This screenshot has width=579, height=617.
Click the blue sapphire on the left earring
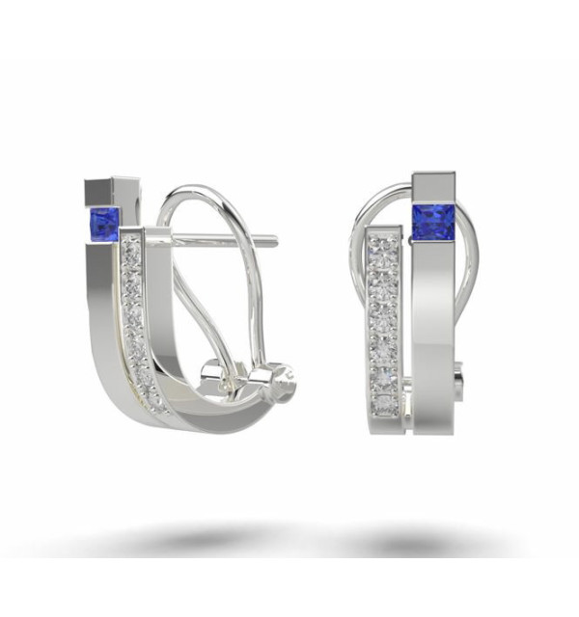point(103,224)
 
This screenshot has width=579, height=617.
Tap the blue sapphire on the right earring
point(433,220)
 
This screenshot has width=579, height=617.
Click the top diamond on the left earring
point(133,251)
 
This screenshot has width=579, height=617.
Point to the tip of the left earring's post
point(275,240)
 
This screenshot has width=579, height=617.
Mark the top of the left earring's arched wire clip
point(193,190)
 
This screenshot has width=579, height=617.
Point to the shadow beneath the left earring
point(193,536)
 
